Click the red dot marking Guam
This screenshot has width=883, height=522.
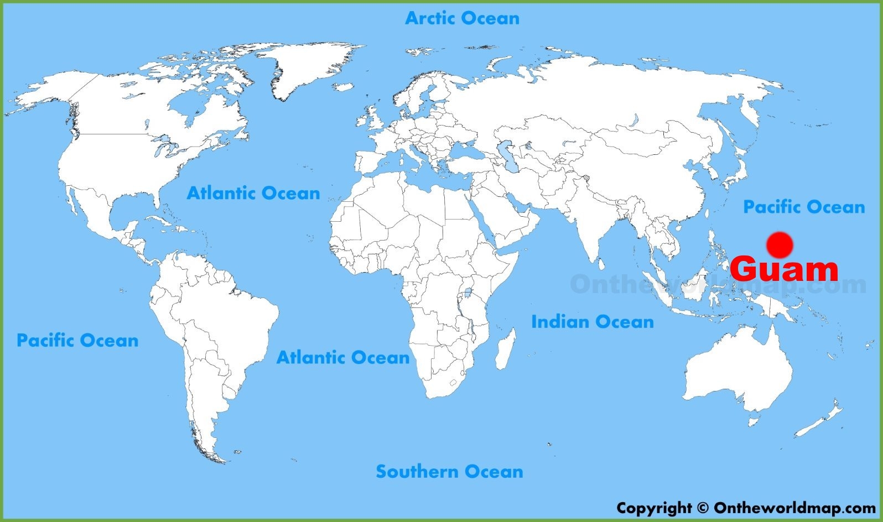[780, 245]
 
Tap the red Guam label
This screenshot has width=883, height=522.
[784, 270]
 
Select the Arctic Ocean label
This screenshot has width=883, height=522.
[462, 18]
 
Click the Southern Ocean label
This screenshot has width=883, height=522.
[449, 472]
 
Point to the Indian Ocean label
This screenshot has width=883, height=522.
[592, 322]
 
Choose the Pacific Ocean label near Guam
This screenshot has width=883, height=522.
[803, 207]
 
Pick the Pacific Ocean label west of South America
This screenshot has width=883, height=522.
[77, 340]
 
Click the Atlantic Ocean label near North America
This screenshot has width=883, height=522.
[253, 194]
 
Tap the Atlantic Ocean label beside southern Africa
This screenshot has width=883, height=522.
[342, 358]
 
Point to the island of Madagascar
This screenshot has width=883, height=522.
[505, 349]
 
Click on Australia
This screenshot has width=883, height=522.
[736, 368]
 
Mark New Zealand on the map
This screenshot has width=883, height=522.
[819, 423]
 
